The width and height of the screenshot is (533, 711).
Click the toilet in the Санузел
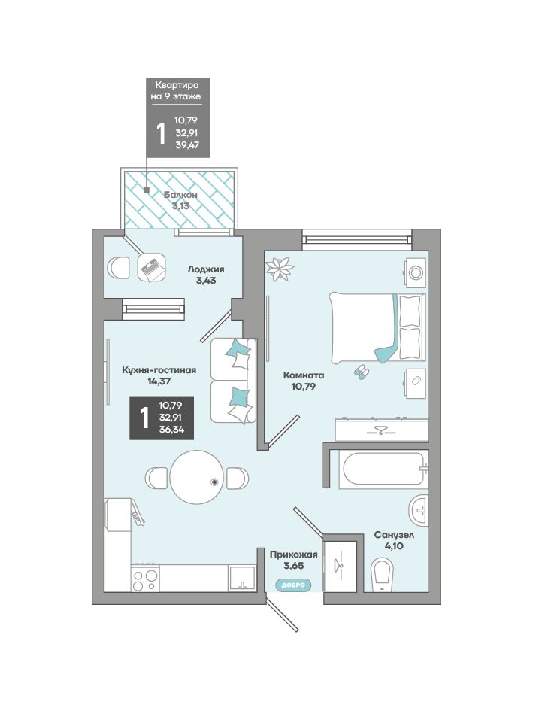coord(383,575)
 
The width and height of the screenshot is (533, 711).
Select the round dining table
coord(197,476)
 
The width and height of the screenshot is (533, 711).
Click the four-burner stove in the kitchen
coord(145,578)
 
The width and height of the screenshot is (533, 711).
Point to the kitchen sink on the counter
coord(242,578)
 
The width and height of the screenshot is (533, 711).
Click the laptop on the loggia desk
coord(153,268)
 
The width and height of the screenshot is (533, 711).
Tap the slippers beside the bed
coord(362,372)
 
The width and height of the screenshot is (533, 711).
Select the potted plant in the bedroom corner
coord(280,269)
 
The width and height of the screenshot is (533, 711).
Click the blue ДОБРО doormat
coord(294,585)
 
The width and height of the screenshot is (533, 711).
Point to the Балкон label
coord(180,195)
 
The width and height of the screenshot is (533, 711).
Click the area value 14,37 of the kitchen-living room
coord(159,381)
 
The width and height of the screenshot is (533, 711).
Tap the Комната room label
coord(304,375)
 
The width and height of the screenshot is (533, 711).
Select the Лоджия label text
coord(206,269)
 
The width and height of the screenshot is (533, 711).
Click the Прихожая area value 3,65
coord(294,566)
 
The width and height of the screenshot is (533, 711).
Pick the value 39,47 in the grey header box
coord(186,145)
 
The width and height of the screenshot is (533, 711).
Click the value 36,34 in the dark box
coord(171,430)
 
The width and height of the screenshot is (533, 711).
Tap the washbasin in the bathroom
coord(419,511)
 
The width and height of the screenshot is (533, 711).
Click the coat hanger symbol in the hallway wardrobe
coord(338,564)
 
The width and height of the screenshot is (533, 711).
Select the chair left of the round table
coord(157,478)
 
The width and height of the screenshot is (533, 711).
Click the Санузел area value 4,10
coord(394,546)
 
